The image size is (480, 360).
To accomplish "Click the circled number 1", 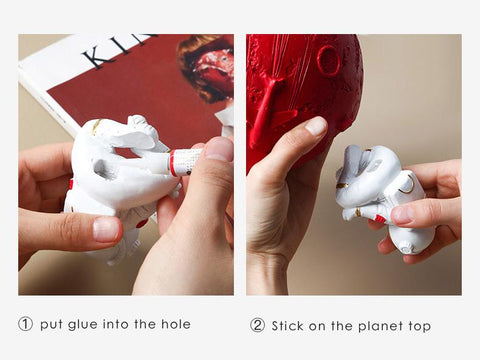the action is tap(25, 324).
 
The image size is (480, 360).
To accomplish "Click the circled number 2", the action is tap(258, 325).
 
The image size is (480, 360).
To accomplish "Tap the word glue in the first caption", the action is tap(83, 325).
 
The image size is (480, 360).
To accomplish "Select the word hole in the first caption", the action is tap(176, 324).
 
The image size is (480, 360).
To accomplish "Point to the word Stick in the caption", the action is tap(288, 326).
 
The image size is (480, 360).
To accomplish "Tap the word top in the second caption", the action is tap(420, 327).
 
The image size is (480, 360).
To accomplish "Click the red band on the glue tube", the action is tap(172, 163).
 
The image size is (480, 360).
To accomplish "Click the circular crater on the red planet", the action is tap(328, 61).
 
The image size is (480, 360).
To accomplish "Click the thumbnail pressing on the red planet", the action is tap(316, 127).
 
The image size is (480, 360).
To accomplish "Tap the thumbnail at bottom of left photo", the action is tap(106, 229).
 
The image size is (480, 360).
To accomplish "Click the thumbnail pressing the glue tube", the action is tap(219, 149).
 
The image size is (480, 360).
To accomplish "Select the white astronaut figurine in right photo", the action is tap(383, 197).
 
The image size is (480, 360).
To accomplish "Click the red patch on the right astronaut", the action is tap(380, 218).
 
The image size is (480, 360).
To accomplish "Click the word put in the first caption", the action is tap(51, 325).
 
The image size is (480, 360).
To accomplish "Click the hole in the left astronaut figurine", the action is tap(100, 168).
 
